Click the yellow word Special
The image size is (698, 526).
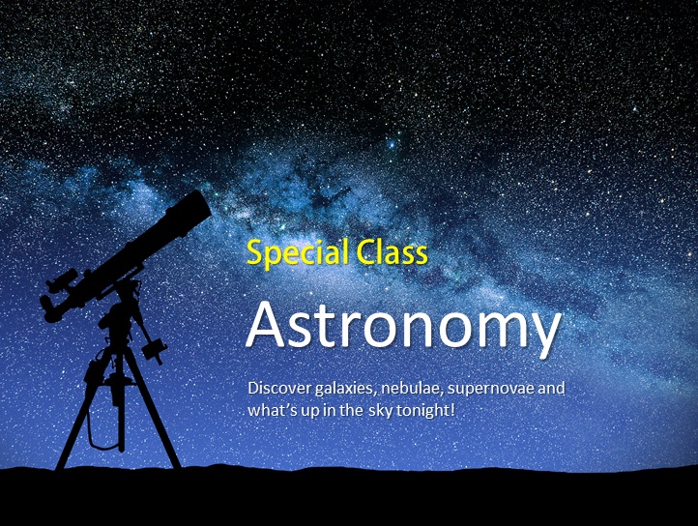pyautogui.click(x=298, y=253)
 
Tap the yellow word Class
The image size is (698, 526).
pyautogui.click(x=392, y=251)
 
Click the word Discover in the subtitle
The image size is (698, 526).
pyautogui.click(x=279, y=388)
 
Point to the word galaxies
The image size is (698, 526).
pyautogui.click(x=346, y=389)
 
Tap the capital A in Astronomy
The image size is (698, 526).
pyautogui.click(x=265, y=325)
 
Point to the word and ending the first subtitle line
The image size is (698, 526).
pyautogui.click(x=551, y=388)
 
